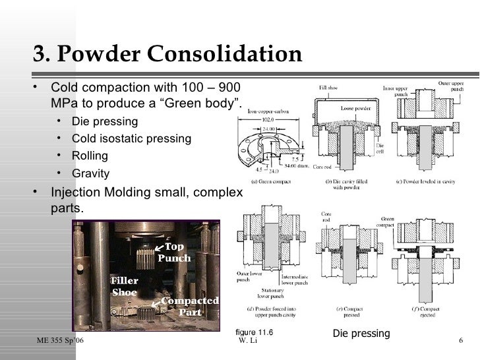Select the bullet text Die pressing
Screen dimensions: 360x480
[x=105, y=121]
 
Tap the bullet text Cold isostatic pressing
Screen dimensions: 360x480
[x=131, y=138]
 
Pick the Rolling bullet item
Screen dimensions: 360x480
[x=90, y=156]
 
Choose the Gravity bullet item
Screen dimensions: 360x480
[x=91, y=174]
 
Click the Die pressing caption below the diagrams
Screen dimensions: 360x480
[x=361, y=334]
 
